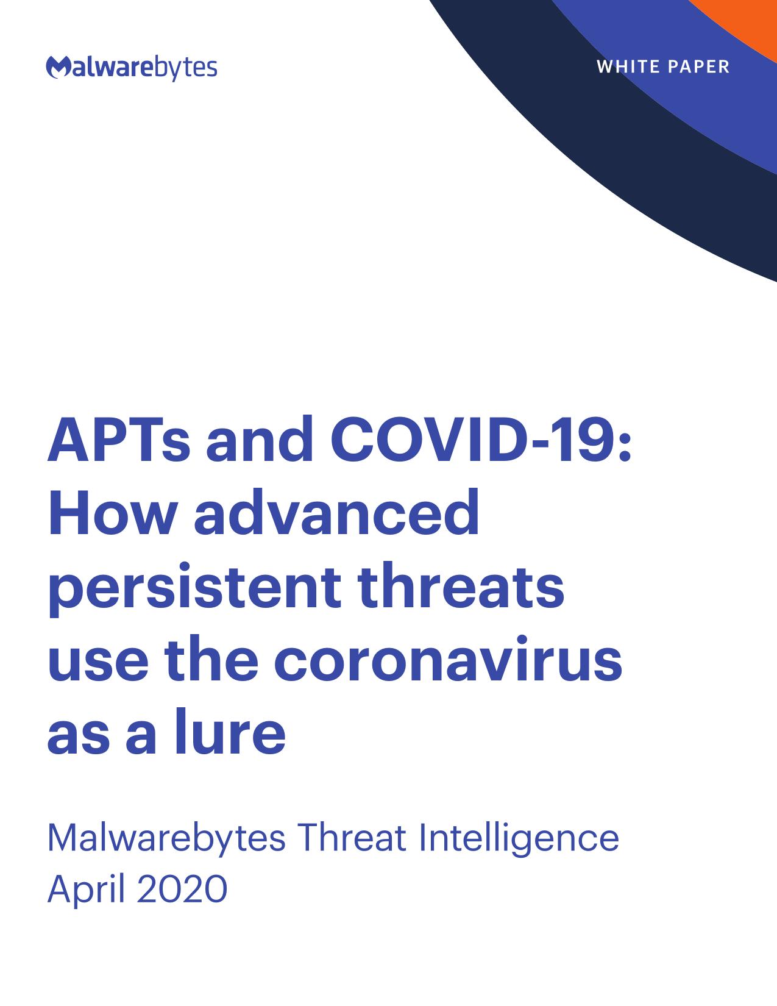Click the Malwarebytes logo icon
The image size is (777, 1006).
pyautogui.click(x=59, y=67)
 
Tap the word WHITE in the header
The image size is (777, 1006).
pyautogui.click(x=626, y=66)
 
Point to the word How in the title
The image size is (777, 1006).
pyautogui.click(x=113, y=513)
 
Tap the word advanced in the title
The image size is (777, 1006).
pyautogui.click(x=336, y=512)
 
